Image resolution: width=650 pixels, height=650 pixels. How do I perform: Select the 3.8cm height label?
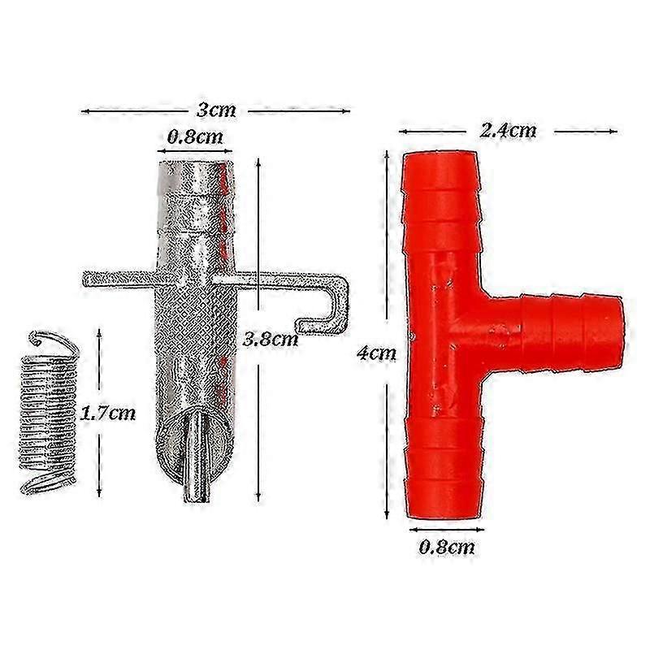click(x=271, y=340)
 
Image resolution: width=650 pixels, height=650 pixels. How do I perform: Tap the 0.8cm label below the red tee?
click(x=447, y=547)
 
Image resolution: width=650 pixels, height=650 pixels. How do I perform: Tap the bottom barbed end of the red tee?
click(x=445, y=471)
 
